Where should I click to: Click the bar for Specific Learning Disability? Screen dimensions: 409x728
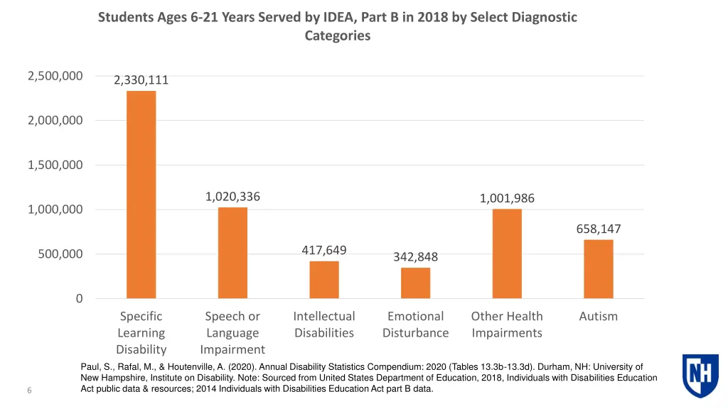(x=141, y=195)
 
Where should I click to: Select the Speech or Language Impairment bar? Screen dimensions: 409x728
(x=232, y=253)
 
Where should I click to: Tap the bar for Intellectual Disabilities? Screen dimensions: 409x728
(x=324, y=280)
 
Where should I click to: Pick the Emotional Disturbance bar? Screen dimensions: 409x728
(x=415, y=283)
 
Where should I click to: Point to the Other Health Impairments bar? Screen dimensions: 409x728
(x=507, y=253)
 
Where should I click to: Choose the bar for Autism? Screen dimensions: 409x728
(x=598, y=269)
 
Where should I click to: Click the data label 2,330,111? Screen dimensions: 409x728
(x=141, y=80)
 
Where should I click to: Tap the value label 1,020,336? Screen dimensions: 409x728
(x=232, y=197)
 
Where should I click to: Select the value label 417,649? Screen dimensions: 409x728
(x=324, y=250)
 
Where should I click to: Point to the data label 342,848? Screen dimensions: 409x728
(x=415, y=257)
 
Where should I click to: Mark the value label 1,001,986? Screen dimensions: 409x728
(x=507, y=199)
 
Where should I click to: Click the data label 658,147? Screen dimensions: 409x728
(x=598, y=229)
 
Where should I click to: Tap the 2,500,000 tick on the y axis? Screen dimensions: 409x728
(x=55, y=76)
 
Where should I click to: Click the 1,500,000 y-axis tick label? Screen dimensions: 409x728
(x=55, y=165)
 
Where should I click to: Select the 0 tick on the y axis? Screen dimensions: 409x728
(x=79, y=299)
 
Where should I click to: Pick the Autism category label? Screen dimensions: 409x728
(x=598, y=317)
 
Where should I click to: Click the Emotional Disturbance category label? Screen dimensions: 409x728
(x=415, y=325)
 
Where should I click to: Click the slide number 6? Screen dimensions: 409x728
(x=29, y=390)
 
